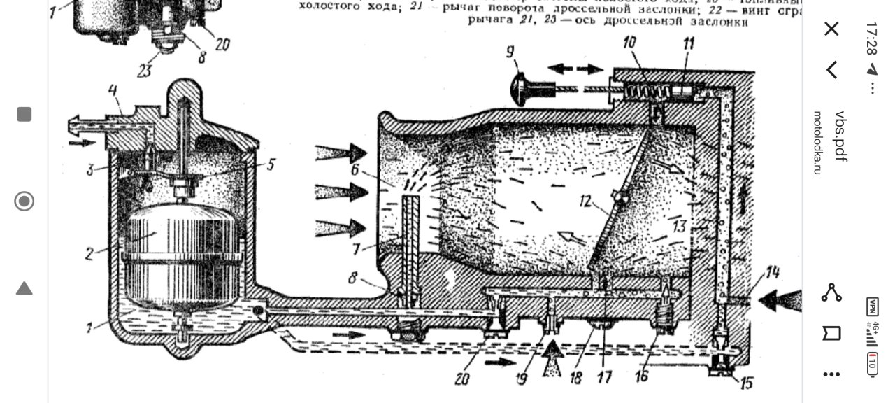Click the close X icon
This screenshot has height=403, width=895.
click(831, 29)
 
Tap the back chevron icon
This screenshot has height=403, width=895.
click(831, 69)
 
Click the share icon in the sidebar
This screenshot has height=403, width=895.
click(831, 292)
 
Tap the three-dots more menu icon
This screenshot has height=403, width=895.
click(831, 374)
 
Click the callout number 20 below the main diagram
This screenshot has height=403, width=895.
click(461, 379)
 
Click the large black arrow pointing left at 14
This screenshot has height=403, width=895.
click(778, 300)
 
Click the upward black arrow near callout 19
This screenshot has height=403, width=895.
click(553, 358)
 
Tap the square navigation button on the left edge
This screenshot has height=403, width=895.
click(24, 114)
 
